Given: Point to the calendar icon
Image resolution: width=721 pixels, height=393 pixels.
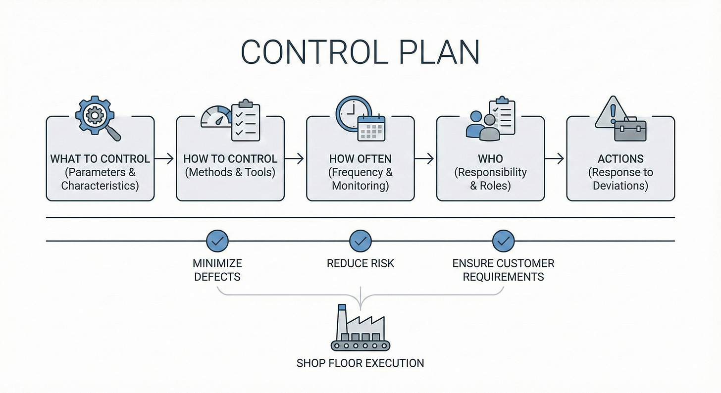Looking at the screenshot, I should point(371,127).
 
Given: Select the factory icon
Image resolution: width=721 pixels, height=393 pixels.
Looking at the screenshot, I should point(360,329).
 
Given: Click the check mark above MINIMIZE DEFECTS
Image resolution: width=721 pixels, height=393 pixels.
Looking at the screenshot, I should point(217,241).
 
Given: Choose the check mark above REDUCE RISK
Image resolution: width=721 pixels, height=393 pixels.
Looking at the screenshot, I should point(360,241).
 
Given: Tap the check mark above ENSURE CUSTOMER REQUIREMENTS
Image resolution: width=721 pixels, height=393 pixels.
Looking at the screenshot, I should point(503,241).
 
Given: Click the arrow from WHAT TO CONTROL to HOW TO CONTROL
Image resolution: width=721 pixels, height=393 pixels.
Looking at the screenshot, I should point(165,159).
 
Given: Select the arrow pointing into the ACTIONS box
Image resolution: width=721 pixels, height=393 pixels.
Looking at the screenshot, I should point(555,159).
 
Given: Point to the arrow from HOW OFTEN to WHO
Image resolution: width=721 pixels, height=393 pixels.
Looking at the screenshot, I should point(425,159).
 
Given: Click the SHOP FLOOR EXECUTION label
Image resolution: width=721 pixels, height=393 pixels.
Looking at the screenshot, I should point(360,363).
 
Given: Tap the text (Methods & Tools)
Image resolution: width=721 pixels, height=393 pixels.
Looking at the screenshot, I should point(230,172).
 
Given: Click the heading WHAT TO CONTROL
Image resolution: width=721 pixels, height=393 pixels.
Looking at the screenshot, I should point(100,159).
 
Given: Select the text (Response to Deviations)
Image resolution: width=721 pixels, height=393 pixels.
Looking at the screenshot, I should point(620,179).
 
